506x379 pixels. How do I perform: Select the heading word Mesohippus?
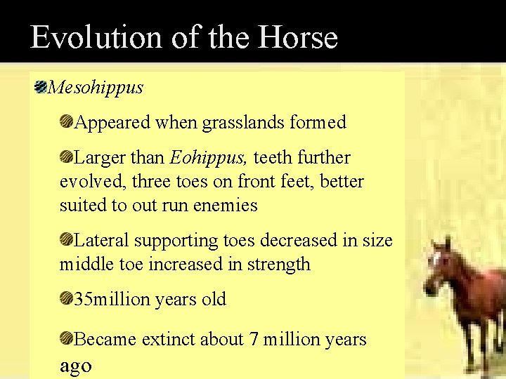pos(96,88)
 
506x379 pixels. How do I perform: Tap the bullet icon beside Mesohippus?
pos(41,88)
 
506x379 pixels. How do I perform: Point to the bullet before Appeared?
pos(66,123)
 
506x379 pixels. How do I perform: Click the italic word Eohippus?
pos(209,158)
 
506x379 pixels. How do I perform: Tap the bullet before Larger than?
pos(66,158)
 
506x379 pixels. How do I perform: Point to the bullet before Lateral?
pos(66,241)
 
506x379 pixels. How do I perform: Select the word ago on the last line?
pos(75,366)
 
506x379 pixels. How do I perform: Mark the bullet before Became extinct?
pos(66,340)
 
